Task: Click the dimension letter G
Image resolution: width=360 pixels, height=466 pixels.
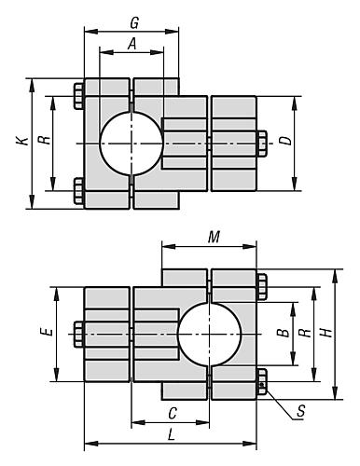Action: coord(134,23)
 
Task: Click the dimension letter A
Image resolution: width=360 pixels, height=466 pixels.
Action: coord(132,44)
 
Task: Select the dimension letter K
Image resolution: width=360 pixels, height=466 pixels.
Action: coord(22,141)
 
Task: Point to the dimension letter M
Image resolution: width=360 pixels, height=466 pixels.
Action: coord(214,238)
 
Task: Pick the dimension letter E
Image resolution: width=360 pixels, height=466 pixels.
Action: coord(48,332)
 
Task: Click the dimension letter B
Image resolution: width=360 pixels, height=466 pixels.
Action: coord(283,333)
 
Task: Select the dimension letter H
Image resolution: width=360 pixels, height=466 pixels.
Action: coord(327,333)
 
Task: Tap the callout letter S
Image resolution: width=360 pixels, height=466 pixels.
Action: coord(300,411)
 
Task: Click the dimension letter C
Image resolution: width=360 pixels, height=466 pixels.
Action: coord(173,414)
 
